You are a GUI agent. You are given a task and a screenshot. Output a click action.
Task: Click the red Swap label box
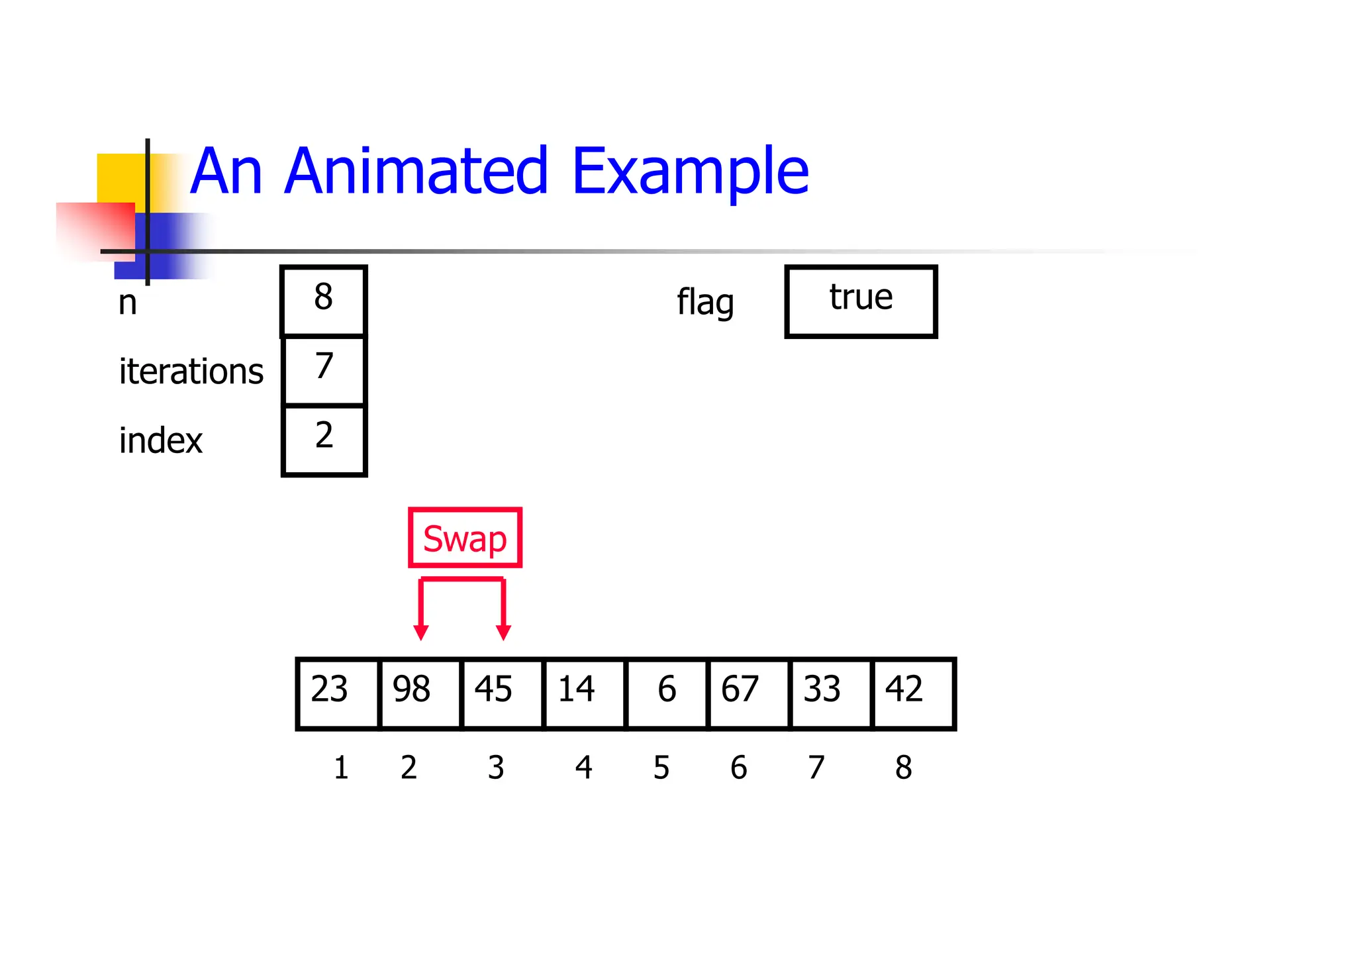(465, 538)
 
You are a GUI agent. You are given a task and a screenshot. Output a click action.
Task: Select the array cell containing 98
(420, 693)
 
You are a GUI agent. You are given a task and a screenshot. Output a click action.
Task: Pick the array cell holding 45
(502, 693)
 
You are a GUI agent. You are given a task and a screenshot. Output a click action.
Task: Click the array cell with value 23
(338, 693)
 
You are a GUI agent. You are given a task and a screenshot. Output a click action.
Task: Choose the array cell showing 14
(584, 693)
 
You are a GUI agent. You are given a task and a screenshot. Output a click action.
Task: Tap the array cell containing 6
(666, 693)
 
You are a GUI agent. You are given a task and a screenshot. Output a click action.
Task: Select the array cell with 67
(748, 693)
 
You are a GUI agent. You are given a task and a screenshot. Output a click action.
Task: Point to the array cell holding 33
(830, 693)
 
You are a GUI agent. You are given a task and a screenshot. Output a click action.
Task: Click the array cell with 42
(913, 693)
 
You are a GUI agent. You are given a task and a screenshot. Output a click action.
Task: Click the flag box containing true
(861, 301)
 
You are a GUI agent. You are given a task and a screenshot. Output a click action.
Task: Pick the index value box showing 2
(324, 440)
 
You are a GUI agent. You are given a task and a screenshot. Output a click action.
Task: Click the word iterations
(191, 371)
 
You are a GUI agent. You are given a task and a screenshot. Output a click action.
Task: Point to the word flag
(705, 303)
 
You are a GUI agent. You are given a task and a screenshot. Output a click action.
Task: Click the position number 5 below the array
(661, 768)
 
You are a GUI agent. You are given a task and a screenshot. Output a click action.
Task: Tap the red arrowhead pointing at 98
(420, 632)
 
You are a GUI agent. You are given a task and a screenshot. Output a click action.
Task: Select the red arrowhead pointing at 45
(503, 632)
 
